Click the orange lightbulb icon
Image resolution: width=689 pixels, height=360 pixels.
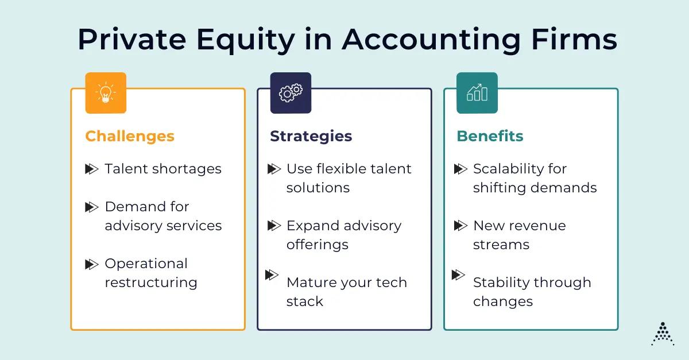point(106,93)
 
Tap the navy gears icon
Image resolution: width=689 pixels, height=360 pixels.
point(291,93)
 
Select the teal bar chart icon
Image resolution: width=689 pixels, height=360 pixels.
point(477,93)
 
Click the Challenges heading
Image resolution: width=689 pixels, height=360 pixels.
point(130,136)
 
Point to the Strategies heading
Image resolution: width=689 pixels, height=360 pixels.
point(311,136)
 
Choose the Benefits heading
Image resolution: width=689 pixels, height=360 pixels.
point(490,136)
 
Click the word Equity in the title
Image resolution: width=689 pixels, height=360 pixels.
point(246,40)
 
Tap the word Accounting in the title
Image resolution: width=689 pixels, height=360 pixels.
point(431,40)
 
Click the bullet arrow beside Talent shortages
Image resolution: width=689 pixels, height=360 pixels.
point(92,169)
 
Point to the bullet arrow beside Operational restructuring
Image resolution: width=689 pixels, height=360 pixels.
point(92,264)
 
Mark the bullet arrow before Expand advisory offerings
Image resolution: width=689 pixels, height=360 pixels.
point(274,226)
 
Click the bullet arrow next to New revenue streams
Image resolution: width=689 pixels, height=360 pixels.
point(460,226)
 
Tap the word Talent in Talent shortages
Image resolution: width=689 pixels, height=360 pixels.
point(126,169)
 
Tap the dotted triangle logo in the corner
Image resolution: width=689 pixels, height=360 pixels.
point(663,334)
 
